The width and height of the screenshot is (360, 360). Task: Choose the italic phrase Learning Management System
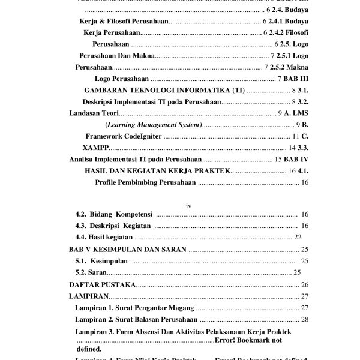154,124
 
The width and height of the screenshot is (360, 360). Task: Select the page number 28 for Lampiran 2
304,319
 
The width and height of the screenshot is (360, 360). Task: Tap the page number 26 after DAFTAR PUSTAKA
304,284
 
